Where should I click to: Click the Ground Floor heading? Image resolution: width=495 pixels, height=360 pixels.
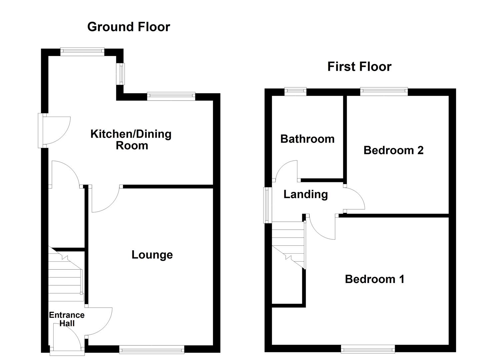[128, 27]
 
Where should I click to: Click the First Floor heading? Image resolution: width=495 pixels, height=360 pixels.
[359, 67]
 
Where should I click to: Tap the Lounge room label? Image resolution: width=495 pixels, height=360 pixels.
[152, 255]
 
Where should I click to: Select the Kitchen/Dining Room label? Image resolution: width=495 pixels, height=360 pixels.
[131, 140]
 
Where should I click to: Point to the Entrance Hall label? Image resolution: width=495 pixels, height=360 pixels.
[67, 319]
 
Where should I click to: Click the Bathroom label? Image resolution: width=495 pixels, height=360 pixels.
[307, 139]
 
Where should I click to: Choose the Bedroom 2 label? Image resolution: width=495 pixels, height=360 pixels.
[393, 150]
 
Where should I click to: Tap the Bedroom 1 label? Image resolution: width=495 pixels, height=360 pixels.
[374, 279]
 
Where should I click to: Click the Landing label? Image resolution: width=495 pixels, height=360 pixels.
[305, 194]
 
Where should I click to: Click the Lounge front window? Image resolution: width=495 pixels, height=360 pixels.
[152, 350]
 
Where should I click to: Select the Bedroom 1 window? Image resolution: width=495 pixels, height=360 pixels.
[368, 349]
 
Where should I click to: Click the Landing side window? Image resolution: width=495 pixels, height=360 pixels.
[267, 205]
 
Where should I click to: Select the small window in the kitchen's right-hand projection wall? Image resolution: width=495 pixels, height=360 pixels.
[120, 74]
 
